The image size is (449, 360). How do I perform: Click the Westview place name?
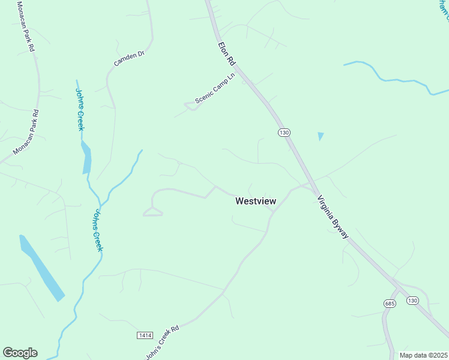(x=256, y=202)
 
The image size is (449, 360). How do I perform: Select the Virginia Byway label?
(x=333, y=217)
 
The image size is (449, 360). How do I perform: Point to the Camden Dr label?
(x=129, y=59)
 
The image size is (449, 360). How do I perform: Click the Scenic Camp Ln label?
(x=214, y=91)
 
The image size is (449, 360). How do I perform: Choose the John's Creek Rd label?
(x=163, y=343)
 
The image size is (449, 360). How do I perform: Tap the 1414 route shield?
(x=145, y=335)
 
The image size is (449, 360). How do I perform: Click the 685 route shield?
(x=391, y=304)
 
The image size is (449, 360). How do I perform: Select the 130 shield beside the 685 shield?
(x=412, y=300)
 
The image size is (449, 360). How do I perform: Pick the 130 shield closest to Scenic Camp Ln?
(x=284, y=132)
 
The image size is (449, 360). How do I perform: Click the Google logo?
(x=20, y=353)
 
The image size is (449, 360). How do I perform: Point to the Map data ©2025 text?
(x=424, y=355)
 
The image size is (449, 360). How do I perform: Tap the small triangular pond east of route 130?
(x=321, y=136)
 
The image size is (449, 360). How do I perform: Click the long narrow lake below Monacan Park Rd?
(x=41, y=268)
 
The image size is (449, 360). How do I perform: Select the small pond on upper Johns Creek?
(x=87, y=158)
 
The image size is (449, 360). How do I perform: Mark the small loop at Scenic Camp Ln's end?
(x=190, y=106)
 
